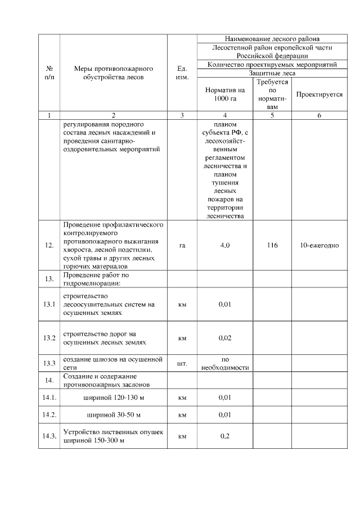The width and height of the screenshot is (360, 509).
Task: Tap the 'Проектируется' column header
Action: click(319, 94)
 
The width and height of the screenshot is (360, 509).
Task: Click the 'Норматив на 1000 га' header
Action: click(225, 94)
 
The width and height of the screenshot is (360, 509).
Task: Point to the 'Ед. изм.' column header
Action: click(182, 73)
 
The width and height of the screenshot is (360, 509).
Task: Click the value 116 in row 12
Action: click(273, 246)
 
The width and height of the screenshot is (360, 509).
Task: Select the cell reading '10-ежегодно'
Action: click(319, 246)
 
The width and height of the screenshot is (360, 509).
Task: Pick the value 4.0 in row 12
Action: click(225, 246)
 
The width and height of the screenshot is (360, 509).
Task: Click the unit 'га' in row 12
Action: click(182, 246)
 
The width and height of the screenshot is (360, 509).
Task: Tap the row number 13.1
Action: click(49, 304)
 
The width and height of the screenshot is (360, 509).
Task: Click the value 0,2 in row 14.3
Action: click(225, 436)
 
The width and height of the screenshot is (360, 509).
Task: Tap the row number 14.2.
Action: click(49, 415)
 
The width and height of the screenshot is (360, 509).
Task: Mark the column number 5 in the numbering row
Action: click(273, 115)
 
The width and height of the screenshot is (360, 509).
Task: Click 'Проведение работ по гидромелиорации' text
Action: click(96, 278)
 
